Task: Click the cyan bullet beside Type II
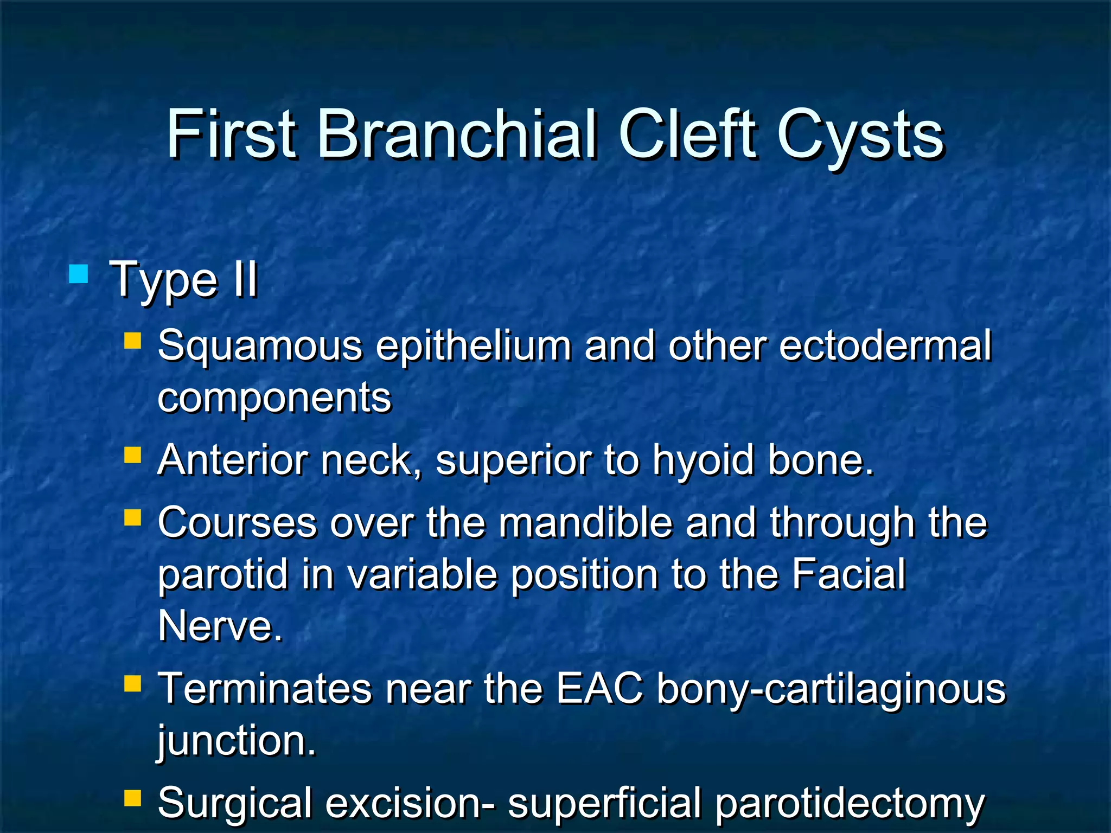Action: pos(79,274)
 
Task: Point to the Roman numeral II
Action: pos(245,280)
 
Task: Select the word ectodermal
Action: pos(885,345)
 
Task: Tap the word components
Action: pos(274,398)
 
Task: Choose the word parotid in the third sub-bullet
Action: pos(222,575)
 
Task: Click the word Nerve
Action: pos(220,626)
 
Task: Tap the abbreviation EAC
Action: pos(599,689)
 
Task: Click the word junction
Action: pos(237,742)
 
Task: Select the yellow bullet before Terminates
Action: pos(132,684)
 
